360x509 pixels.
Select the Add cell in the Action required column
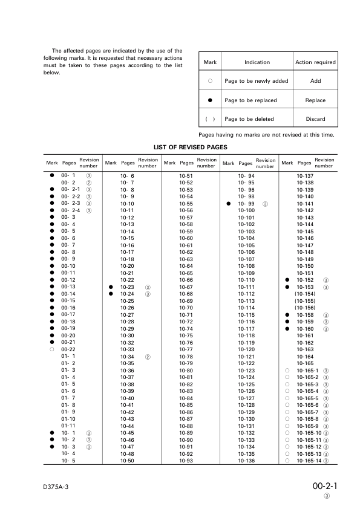coord(315,81)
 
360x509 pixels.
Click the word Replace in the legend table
coord(315,100)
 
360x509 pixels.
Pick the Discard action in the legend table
coord(315,119)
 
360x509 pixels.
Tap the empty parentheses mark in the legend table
coord(209,119)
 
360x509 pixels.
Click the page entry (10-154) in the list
coord(305,293)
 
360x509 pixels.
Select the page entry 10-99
coord(247,204)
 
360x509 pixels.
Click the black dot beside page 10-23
coord(111,287)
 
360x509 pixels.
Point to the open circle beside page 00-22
coord(52,349)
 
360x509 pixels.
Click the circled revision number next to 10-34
coord(147,357)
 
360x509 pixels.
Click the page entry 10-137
coord(305,175)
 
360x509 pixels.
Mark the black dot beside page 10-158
coord(287,315)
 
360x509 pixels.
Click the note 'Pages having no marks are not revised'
coord(266,134)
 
